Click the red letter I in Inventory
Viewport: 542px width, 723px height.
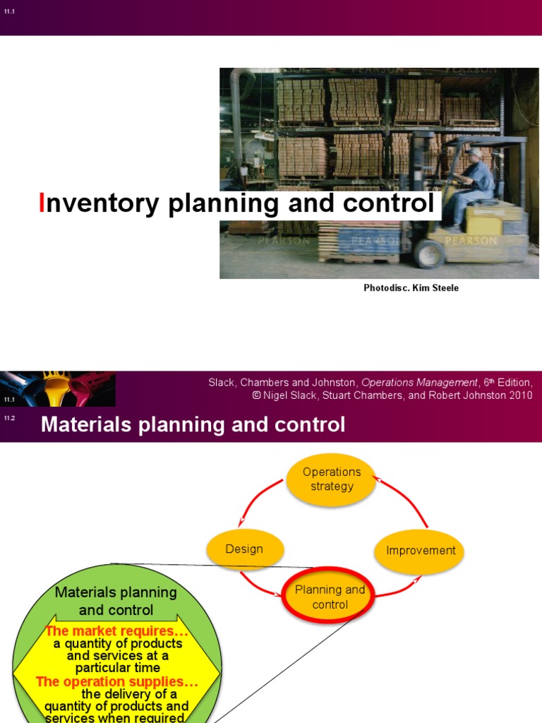[x=41, y=203]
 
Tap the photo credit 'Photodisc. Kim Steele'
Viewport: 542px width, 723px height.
[x=411, y=288]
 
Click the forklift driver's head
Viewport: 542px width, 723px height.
[x=475, y=155]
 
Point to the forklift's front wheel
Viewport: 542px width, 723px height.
[x=428, y=253]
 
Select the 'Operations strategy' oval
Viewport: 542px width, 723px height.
[x=332, y=479]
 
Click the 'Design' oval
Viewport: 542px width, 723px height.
[x=244, y=549]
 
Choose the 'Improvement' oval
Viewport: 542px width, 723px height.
[x=421, y=551]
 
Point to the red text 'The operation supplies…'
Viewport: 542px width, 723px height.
[x=116, y=682]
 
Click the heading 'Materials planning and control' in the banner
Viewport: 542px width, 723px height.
[x=193, y=424]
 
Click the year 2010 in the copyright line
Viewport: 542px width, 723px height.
[x=518, y=395]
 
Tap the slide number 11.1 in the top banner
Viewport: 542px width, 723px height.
[x=9, y=11]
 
